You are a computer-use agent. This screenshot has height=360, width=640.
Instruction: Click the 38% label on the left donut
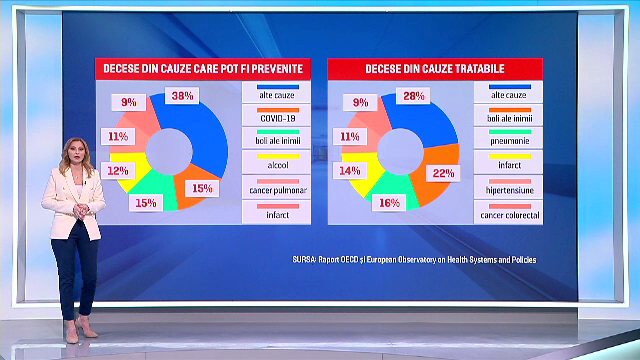[x=182, y=96]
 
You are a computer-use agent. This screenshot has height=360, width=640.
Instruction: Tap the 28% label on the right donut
[x=415, y=96]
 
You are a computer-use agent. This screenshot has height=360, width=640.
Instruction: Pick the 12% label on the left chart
[x=118, y=171]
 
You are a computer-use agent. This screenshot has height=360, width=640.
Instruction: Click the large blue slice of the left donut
[x=204, y=130]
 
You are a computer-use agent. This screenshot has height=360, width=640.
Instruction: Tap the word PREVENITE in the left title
[x=269, y=68]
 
